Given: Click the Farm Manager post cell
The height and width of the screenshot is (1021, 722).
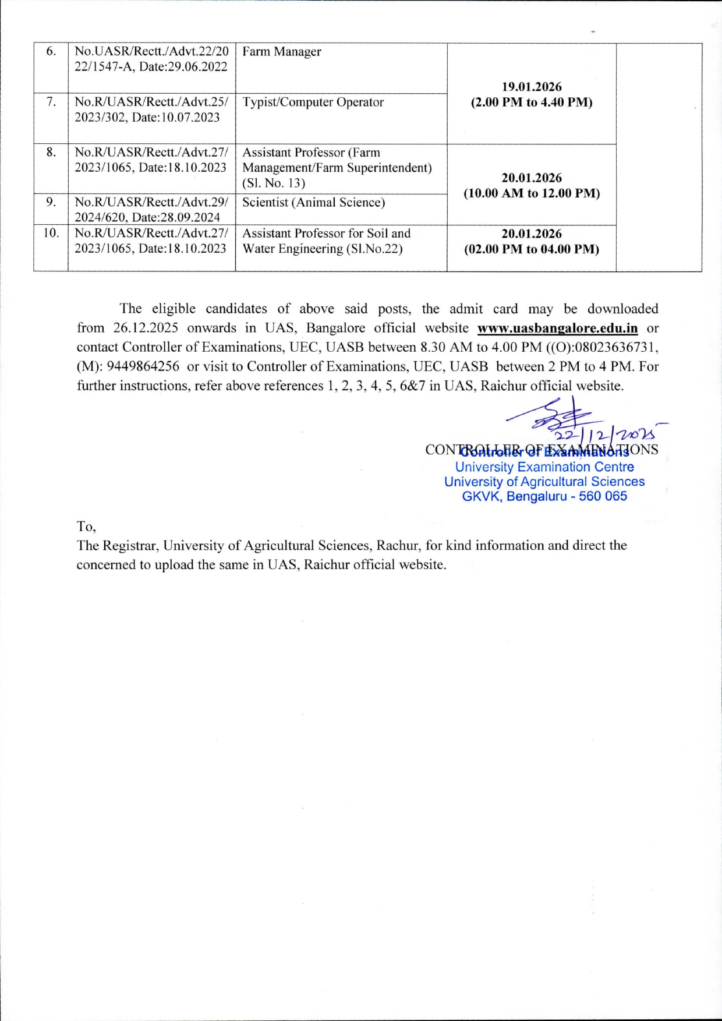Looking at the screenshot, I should point(282,52).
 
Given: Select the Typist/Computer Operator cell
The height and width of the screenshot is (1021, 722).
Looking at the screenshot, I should point(313,103).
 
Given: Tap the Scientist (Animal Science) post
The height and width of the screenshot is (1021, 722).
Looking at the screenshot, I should point(313,203).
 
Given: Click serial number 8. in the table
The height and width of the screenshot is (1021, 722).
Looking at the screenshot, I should point(51,153).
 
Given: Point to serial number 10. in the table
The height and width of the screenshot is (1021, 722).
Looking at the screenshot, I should point(51,234).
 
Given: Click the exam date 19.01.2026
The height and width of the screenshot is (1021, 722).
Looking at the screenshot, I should point(532,87).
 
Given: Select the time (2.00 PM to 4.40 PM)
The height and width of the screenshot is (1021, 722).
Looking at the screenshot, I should point(532,103).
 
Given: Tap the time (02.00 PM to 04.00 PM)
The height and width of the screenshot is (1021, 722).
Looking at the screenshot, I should point(532,249).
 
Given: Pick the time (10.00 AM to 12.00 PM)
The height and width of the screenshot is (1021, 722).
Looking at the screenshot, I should point(532,193).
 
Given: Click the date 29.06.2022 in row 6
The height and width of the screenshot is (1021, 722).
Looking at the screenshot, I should point(198,67).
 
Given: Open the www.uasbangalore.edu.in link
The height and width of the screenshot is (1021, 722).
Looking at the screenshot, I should point(557,328).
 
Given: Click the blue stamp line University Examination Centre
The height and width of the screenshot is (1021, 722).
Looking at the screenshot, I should point(544,467).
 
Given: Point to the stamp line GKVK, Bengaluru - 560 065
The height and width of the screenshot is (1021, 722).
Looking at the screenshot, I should point(544,497).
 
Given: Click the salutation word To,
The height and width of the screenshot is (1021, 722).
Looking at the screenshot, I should point(86,527).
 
